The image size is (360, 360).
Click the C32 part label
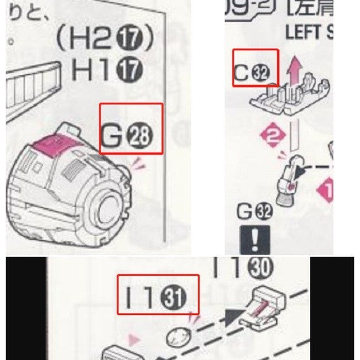[255, 72]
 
